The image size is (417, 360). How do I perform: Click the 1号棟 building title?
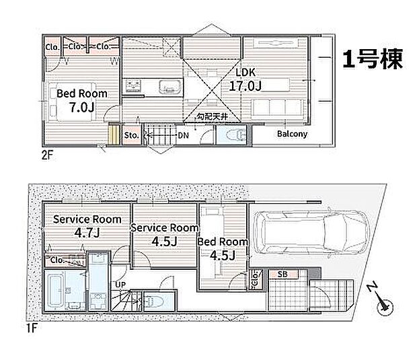click(373, 59)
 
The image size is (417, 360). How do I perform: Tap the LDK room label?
click(245, 72)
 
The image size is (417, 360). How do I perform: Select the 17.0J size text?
click(245, 85)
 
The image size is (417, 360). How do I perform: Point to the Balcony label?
click(292, 133)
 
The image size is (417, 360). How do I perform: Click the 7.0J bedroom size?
click(82, 107)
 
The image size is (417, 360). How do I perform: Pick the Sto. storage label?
click(131, 135)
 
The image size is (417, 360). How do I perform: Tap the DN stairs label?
click(183, 135)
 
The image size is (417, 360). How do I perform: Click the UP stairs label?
click(120, 285)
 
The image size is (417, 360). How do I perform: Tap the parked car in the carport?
click(311, 232)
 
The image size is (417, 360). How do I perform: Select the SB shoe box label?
click(282, 274)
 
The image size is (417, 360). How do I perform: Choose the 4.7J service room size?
click(87, 233)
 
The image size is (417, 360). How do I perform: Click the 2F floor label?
click(47, 155)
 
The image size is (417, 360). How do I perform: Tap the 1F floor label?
click(32, 328)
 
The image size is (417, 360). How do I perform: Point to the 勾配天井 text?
click(212, 116)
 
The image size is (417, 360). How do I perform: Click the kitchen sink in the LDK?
click(170, 87)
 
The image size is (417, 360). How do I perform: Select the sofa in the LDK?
click(278, 108)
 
